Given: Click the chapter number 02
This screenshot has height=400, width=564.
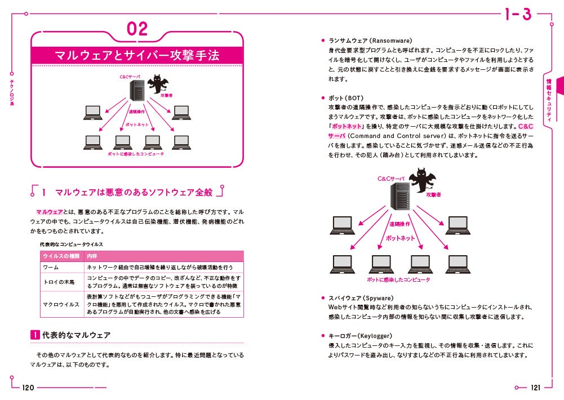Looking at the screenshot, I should (137, 29).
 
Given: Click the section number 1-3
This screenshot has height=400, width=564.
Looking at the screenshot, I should (518, 15).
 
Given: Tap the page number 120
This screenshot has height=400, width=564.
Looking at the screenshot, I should (28, 388).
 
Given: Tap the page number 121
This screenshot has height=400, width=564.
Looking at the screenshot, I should (535, 388).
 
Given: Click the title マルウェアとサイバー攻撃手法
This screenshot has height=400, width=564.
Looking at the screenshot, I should (137, 55).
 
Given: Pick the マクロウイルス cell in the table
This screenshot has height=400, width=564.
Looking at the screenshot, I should (61, 304).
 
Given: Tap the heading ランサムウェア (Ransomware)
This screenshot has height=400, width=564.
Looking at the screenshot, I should (370, 41).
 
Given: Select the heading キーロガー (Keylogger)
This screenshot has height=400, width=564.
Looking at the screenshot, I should (364, 336).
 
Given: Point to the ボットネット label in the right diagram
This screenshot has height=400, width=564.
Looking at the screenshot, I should (400, 238).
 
